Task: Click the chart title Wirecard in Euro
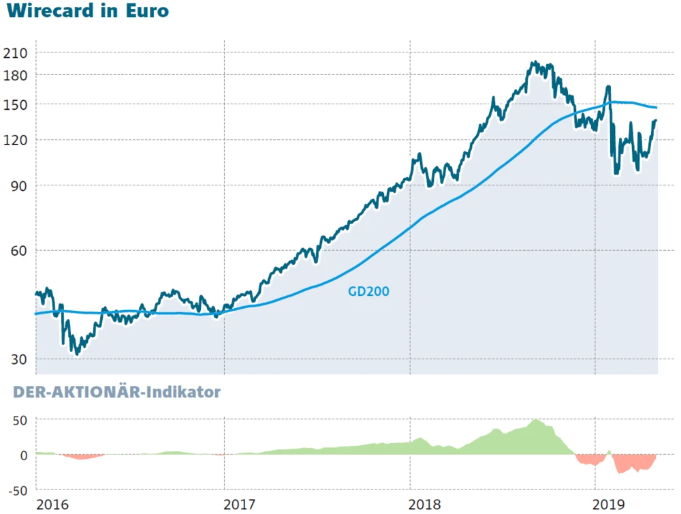coord(87,12)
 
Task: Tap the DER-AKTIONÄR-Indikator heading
coord(112,392)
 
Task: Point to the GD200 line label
coord(368,291)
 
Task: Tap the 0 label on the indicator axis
coord(22,455)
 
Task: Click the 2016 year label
coord(52,504)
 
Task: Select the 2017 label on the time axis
coord(239,504)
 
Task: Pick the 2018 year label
coord(426,504)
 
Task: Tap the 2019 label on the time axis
coord(611,504)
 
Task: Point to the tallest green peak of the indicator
coord(536,420)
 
